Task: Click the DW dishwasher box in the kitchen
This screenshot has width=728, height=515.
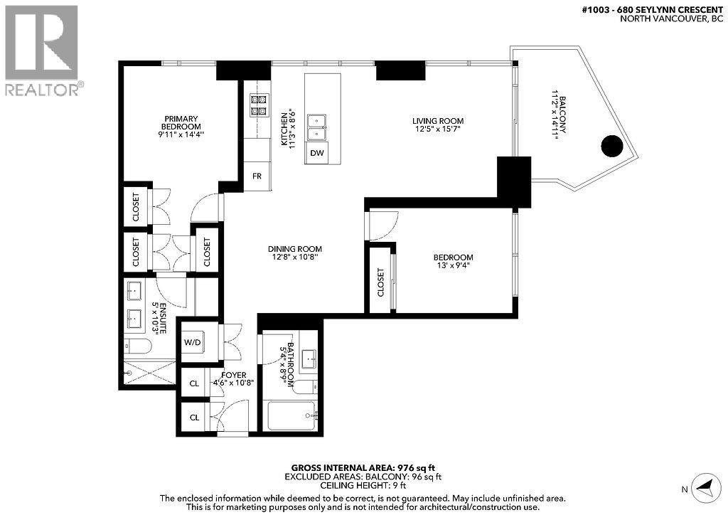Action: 317,153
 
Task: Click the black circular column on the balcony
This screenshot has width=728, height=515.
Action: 612,146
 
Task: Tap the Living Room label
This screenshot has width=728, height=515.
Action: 438,121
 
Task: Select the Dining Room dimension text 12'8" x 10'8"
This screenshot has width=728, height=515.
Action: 295,258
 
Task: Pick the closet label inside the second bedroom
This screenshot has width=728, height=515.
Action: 380,282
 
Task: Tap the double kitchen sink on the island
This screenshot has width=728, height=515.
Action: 317,127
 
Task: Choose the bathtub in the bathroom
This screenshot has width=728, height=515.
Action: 291,413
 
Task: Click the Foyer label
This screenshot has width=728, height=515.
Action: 233,375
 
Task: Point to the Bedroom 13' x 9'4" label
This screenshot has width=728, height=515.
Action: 453,261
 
